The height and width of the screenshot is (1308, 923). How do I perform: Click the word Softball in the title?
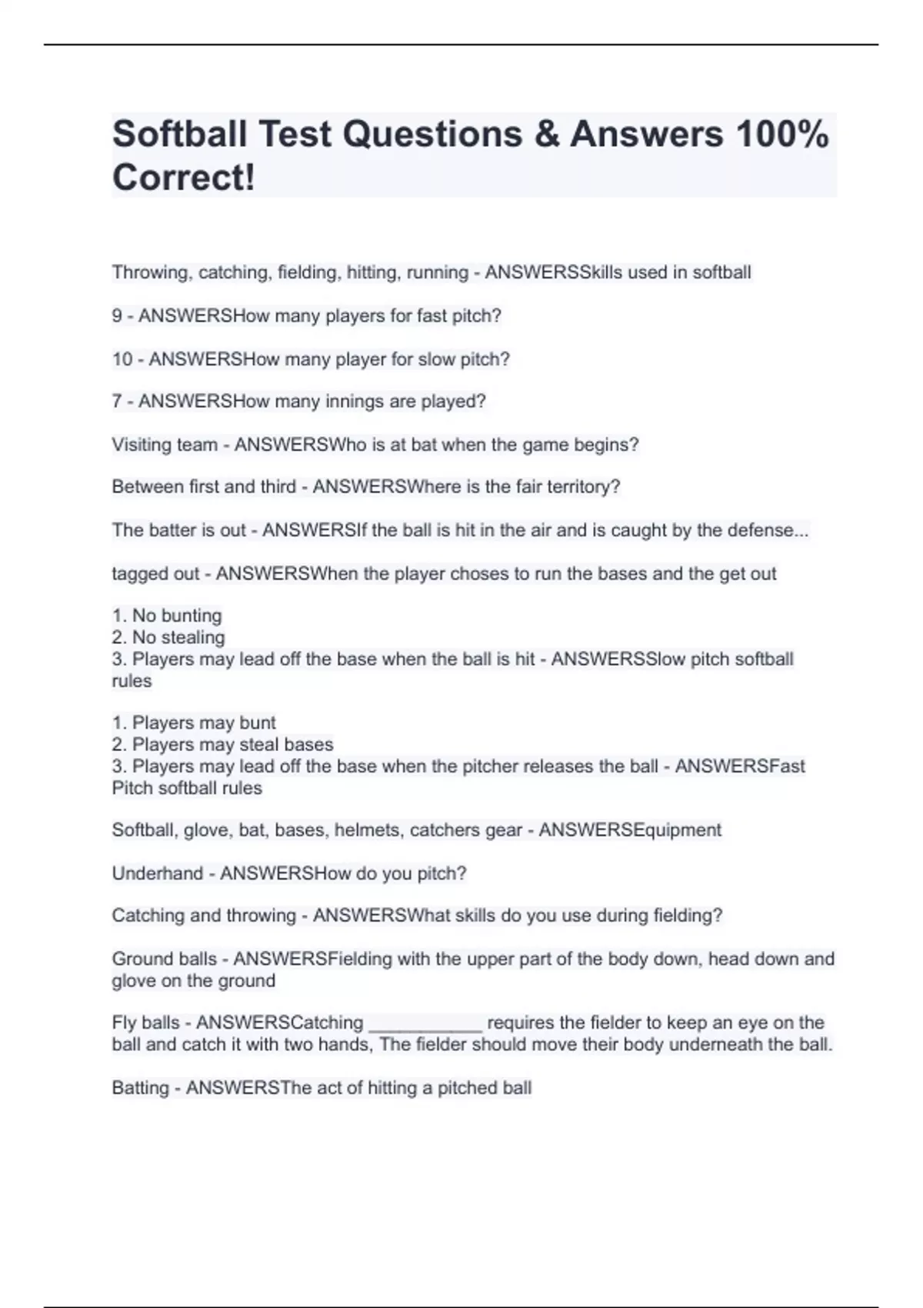(180, 135)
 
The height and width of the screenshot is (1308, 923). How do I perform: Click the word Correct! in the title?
(183, 178)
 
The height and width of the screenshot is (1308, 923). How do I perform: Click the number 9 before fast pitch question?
(117, 316)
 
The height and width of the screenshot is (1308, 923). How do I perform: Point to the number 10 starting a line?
(122, 359)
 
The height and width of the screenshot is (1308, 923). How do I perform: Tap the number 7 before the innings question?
(117, 402)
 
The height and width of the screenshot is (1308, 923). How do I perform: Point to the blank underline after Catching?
(425, 1024)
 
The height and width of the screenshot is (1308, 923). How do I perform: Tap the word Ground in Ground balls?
(142, 959)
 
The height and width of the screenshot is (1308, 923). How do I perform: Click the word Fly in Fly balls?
(124, 1023)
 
